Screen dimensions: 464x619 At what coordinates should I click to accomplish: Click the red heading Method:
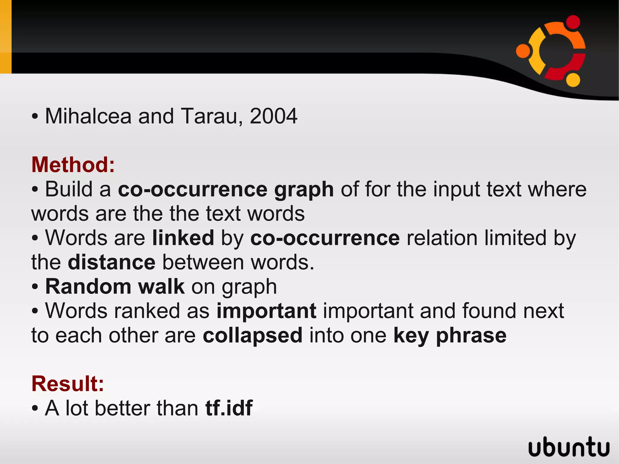tap(73, 165)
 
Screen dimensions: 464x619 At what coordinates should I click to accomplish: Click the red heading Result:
tap(68, 384)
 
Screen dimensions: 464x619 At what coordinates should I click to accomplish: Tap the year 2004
tap(273, 116)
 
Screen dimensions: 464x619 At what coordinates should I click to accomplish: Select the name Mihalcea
tap(88, 116)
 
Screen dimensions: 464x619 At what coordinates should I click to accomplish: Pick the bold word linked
tap(183, 238)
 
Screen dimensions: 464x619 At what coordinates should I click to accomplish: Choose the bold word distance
tap(112, 262)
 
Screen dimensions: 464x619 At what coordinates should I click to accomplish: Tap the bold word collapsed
tap(252, 335)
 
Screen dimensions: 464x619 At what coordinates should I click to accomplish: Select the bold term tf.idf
tap(229, 408)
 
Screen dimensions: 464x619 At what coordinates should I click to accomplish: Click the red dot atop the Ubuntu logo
tap(572, 22)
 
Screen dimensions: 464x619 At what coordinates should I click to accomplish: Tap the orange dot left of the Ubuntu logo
tap(523, 50)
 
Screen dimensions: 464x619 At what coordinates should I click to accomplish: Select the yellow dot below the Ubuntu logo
tap(573, 79)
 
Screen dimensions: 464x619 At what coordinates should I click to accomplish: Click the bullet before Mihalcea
tap(35, 117)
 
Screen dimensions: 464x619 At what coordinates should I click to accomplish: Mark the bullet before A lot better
tap(35, 409)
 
